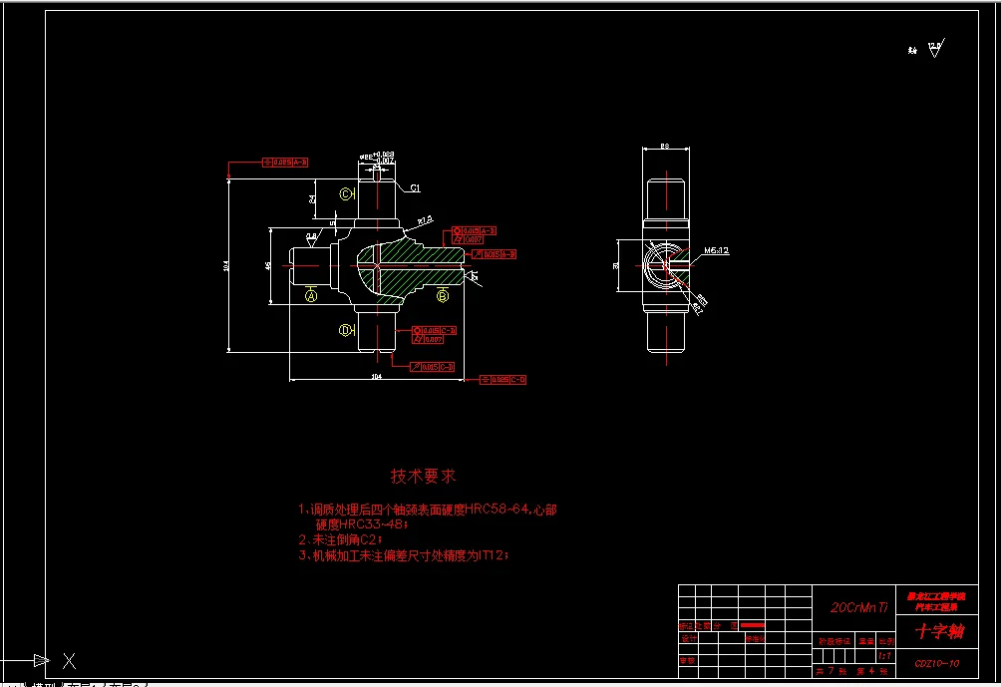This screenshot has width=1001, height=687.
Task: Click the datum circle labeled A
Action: pyautogui.click(x=311, y=295)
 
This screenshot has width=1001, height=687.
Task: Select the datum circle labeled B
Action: pyautogui.click(x=443, y=294)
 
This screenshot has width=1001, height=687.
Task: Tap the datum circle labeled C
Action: pyautogui.click(x=346, y=193)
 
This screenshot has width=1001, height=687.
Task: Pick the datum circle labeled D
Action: pyautogui.click(x=346, y=329)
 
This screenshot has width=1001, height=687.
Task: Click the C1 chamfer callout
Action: pyautogui.click(x=415, y=187)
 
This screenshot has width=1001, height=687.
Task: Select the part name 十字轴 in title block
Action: pyautogui.click(x=939, y=631)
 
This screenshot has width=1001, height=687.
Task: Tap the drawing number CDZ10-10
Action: pyautogui.click(x=937, y=663)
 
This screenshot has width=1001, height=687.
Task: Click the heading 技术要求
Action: pyautogui.click(x=423, y=477)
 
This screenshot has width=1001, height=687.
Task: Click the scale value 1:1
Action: pyautogui.click(x=883, y=656)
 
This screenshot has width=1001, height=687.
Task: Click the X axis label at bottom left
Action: pyautogui.click(x=70, y=660)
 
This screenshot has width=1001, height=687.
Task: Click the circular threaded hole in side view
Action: pyautogui.click(x=660, y=264)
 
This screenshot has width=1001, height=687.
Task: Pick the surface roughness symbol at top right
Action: pyautogui.click(x=934, y=48)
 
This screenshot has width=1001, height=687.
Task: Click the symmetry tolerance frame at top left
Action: pyautogui.click(x=284, y=162)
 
